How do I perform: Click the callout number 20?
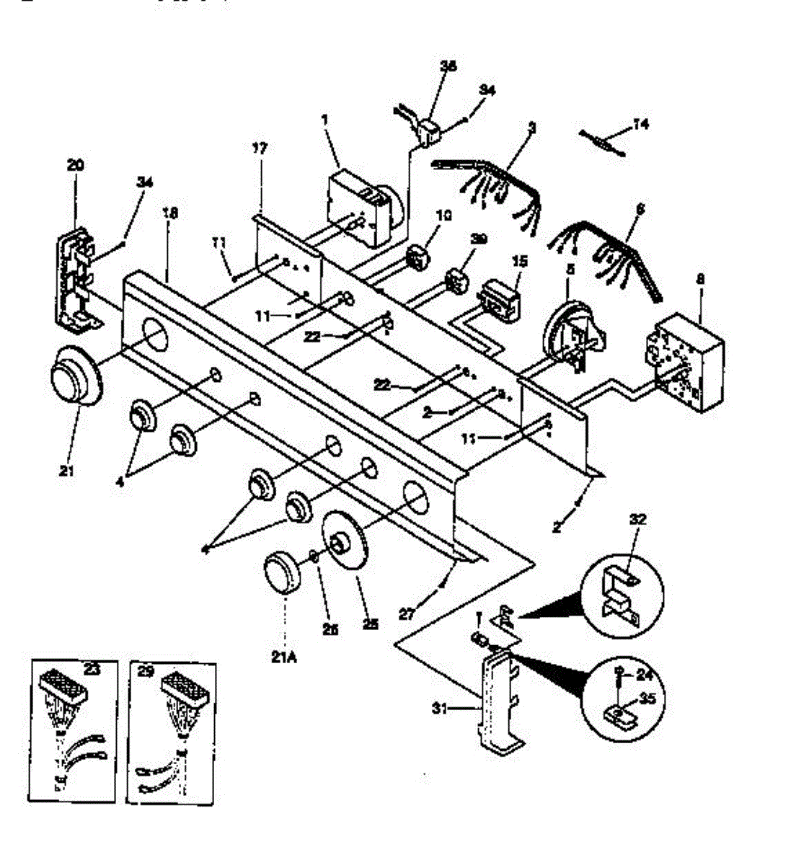click(x=75, y=165)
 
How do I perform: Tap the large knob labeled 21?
click(x=75, y=376)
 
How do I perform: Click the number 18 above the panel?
click(x=171, y=213)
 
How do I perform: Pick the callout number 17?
click(x=260, y=148)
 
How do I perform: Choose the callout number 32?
click(x=638, y=519)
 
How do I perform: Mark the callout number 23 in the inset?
click(x=92, y=669)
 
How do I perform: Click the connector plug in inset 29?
click(x=187, y=691)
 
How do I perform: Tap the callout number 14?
click(x=640, y=125)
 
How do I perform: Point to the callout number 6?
click(x=640, y=209)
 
